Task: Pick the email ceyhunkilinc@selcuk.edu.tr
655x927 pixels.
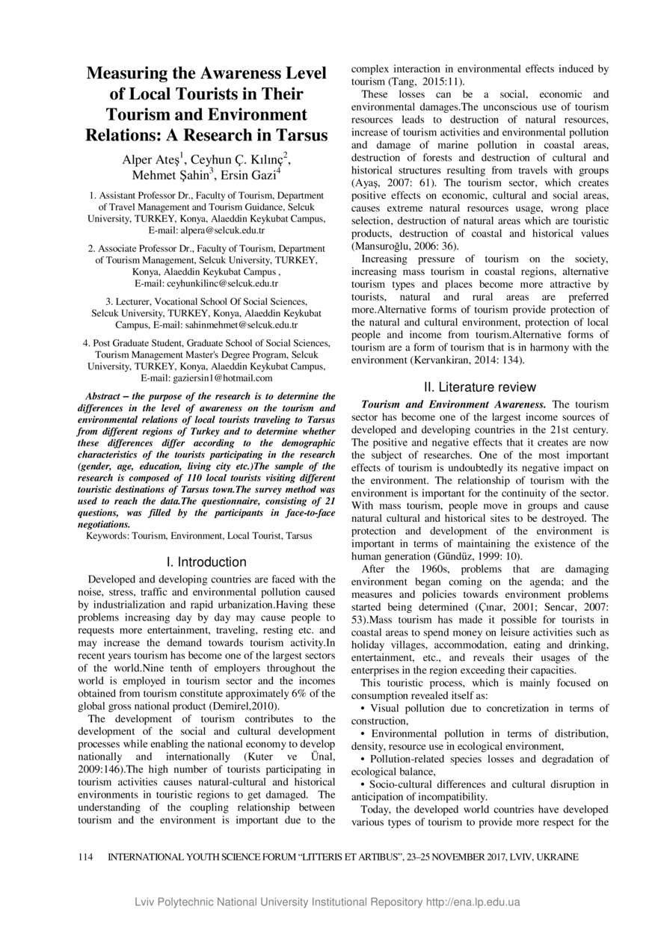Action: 206,283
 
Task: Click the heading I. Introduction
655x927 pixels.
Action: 206,561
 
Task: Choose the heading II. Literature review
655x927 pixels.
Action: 479,387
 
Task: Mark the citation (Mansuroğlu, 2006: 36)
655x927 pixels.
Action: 405,246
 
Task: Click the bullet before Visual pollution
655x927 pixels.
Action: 363,708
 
